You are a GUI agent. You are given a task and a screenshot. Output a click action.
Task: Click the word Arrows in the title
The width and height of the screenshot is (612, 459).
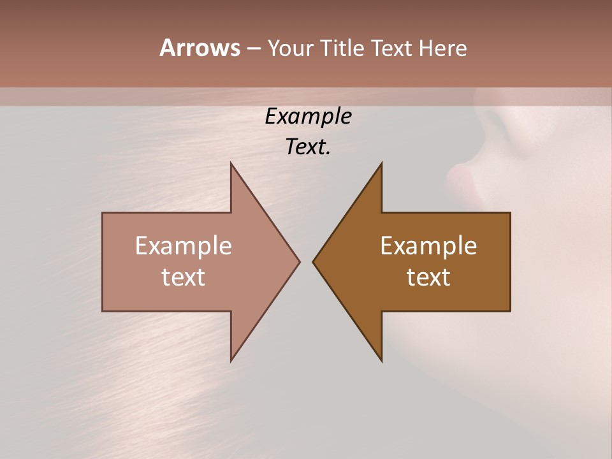[x=199, y=48]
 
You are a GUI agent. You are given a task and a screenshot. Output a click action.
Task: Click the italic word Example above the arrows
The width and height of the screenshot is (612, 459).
[x=309, y=116]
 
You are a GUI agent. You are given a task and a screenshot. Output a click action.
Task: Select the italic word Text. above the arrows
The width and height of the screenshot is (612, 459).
[x=309, y=147]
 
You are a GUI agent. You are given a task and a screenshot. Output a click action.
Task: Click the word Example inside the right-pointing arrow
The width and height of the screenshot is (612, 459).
[x=184, y=245]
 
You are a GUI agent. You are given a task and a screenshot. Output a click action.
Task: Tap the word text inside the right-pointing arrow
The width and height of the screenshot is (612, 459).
[x=184, y=277]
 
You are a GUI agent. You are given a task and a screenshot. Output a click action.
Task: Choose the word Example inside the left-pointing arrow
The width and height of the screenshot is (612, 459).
[x=428, y=245]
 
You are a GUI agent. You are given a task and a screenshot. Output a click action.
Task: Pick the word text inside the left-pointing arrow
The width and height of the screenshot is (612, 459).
[x=428, y=277]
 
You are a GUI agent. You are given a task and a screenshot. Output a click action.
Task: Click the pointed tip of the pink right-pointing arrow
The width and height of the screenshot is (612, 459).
[x=300, y=261]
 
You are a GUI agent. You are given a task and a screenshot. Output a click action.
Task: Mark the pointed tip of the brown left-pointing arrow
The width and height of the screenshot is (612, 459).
[x=313, y=261]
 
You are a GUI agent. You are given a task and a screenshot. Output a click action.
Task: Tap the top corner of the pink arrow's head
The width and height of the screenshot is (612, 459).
[x=231, y=163]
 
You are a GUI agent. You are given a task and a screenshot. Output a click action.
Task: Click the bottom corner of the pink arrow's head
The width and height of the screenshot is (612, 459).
[x=231, y=361]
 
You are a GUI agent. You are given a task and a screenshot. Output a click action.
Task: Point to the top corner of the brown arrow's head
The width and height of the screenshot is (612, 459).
[x=382, y=163]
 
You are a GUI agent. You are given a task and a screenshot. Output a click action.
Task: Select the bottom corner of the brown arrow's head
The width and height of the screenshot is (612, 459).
[x=382, y=361]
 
